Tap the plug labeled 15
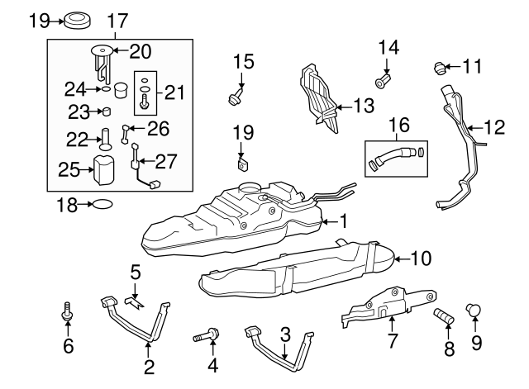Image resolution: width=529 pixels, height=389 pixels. (236, 98)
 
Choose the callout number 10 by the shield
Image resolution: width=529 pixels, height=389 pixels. (421, 259)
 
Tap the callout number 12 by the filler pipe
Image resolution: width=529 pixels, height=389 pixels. (493, 127)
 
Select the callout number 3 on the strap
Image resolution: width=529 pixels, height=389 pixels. (285, 334)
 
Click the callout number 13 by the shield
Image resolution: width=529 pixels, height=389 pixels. (364, 105)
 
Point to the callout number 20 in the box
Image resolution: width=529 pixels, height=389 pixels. (140, 52)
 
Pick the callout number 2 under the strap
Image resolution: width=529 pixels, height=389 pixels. (150, 366)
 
